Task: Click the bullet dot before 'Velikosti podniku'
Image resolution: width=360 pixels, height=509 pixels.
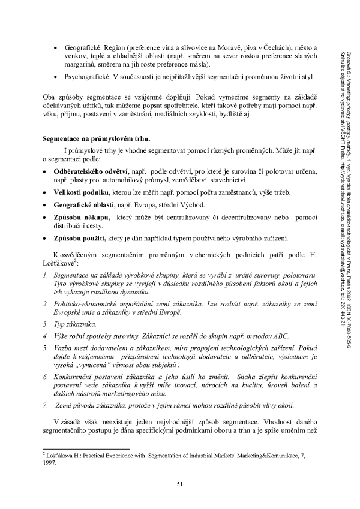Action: click(47, 192)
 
